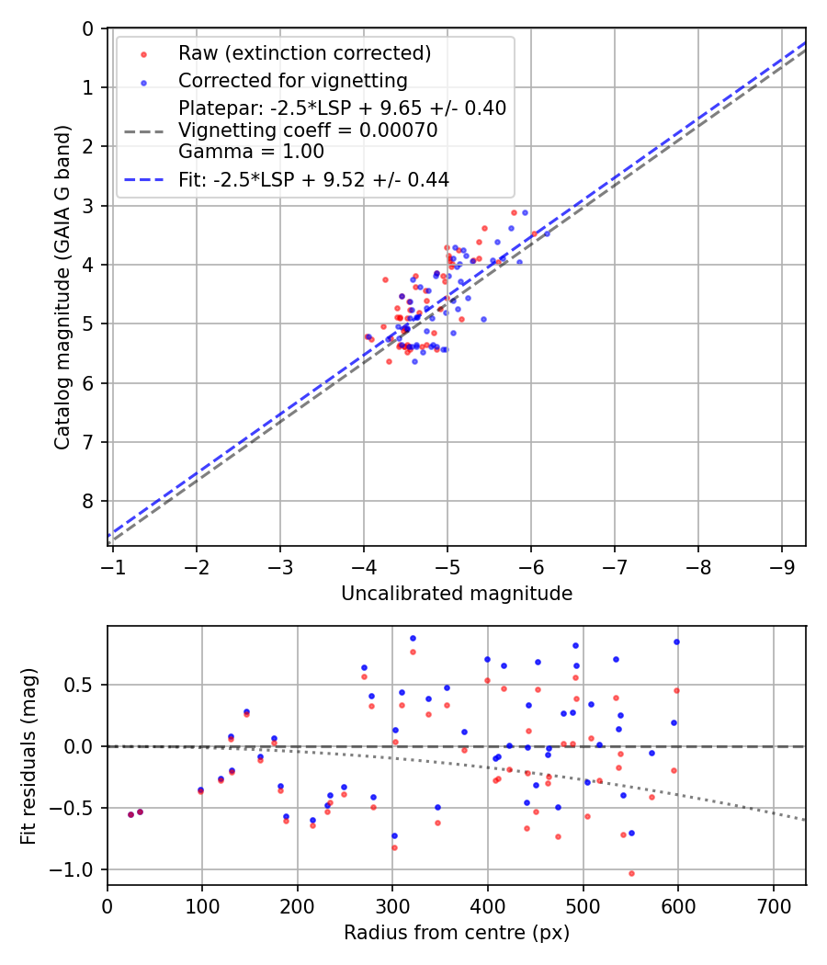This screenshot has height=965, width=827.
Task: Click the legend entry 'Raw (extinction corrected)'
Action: [304, 53]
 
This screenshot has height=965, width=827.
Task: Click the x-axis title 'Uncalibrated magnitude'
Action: [457, 594]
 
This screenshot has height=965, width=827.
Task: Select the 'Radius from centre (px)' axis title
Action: [457, 933]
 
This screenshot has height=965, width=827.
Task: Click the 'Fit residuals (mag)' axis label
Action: [28, 755]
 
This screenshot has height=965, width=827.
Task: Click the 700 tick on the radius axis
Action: [773, 905]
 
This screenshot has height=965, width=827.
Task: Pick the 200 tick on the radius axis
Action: [298, 905]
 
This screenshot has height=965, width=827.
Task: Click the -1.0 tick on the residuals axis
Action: [77, 869]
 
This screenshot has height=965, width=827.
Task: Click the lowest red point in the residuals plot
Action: [631, 873]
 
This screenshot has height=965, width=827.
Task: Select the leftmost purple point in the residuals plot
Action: [130, 814]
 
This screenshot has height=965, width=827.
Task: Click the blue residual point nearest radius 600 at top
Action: [676, 641]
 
